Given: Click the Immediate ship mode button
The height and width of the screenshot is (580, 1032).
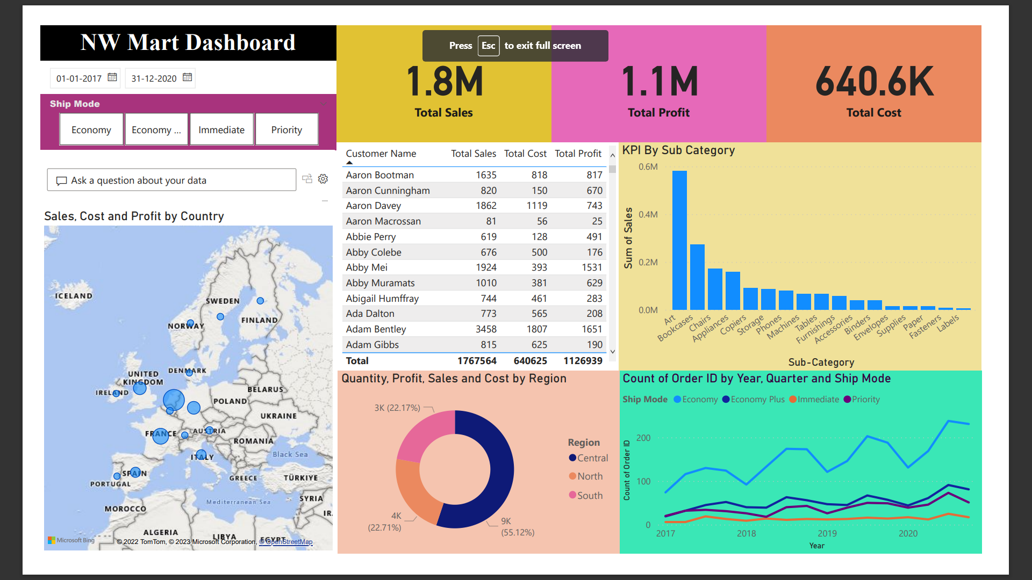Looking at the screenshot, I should pos(221,129).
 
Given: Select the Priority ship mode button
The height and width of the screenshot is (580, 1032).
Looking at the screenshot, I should pos(286,129).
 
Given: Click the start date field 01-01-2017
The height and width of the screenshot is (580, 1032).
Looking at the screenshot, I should pos(79,78).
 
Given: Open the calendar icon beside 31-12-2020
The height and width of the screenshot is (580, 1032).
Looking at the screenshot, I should pos(187,77).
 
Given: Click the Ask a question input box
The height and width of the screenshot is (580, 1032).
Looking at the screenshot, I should pos(171,180).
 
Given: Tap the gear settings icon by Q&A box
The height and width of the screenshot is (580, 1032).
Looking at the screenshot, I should pos(323,179).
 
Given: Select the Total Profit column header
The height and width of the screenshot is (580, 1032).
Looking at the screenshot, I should pos(578,154).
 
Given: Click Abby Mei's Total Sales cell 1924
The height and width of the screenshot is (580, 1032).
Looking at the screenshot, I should pos(485,267).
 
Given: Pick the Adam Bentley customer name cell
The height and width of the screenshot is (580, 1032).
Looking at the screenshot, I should pos(376,329).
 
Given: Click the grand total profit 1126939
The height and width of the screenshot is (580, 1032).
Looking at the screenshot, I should pos(583,361).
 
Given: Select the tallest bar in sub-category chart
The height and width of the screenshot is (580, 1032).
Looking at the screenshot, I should pos(679,240).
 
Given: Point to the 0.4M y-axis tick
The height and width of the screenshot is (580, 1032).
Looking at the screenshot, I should pos(648,214).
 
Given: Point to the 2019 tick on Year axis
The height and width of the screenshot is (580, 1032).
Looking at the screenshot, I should pos(827,533).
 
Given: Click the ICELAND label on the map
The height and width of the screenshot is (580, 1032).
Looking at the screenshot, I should pos(74,296).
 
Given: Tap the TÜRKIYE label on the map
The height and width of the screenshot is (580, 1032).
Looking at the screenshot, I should pos(300,478).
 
